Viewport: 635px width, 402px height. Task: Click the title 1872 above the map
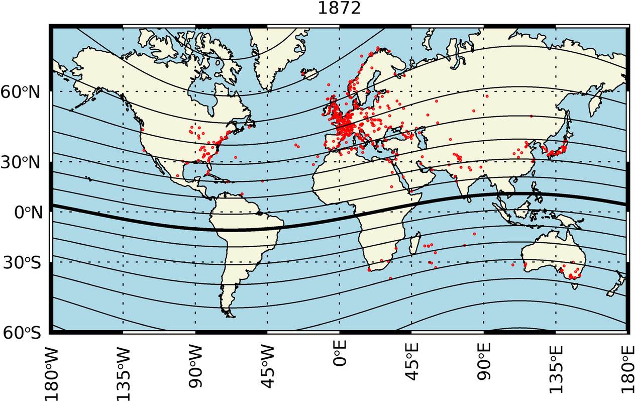(x=339, y=10)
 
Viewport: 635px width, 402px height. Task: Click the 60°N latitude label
(x=24, y=91)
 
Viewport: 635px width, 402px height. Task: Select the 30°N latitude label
(x=24, y=162)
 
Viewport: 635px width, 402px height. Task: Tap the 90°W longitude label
(x=195, y=370)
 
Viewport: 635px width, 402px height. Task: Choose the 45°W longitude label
(x=267, y=370)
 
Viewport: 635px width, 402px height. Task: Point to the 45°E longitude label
(x=412, y=371)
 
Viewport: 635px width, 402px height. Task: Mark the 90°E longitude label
(x=484, y=371)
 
